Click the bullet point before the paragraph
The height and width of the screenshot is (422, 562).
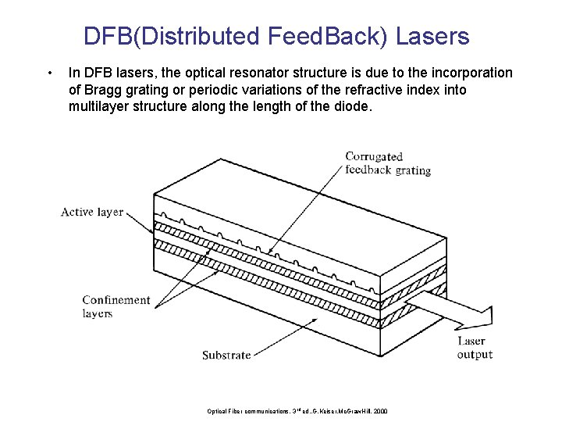click(x=49, y=73)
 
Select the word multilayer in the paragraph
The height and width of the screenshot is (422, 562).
click(x=98, y=106)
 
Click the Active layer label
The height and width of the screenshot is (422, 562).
click(x=92, y=212)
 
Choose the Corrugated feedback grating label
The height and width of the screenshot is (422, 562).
click(x=387, y=163)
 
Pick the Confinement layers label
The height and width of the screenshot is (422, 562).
click(x=116, y=306)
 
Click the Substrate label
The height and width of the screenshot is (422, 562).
click(x=226, y=355)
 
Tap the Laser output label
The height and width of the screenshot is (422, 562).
click(x=475, y=348)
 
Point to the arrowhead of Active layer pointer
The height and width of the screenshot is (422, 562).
click(x=153, y=233)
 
